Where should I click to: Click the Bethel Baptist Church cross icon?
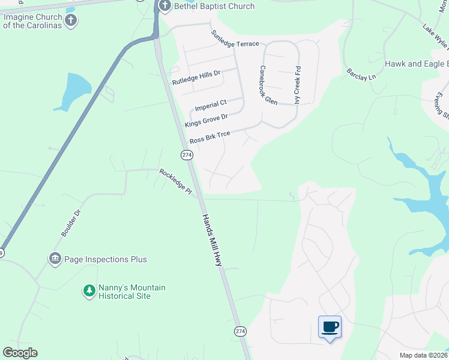(164, 6)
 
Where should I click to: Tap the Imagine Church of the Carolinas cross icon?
(71, 21)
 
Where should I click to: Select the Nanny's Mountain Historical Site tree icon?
(89, 291)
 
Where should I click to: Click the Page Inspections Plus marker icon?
(55, 259)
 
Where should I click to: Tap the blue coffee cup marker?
(330, 327)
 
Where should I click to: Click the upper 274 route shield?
(187, 155)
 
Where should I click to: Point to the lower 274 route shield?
(240, 331)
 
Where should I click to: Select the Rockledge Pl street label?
(175, 182)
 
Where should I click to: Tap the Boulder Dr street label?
(70, 221)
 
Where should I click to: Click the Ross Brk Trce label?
(209, 137)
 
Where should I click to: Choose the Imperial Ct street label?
(211, 106)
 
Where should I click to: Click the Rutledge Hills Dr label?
(196, 77)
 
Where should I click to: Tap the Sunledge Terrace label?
(235, 39)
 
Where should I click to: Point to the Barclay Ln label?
(361, 74)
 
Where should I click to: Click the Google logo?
(20, 353)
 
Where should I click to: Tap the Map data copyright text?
(423, 355)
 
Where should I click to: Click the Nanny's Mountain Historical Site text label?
(124, 292)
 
